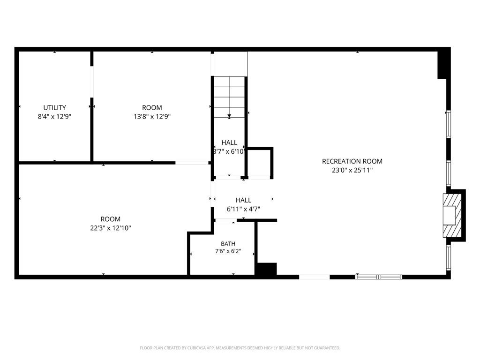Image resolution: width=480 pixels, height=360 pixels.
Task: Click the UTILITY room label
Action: coord(54,107)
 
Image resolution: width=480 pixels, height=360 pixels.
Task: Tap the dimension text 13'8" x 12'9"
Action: coord(152,116)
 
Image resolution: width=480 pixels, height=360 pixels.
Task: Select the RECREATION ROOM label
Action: coord(352,161)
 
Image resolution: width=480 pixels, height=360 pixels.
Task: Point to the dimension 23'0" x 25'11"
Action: coord(352,170)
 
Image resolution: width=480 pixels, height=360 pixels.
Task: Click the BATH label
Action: coord(228,244)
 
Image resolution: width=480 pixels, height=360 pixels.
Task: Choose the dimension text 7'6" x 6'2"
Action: coord(228,251)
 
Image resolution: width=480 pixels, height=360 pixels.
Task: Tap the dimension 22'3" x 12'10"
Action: coord(111,228)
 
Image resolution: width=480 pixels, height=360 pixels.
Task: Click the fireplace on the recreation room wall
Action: coord(452,215)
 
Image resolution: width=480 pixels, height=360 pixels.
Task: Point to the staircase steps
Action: coord(229,97)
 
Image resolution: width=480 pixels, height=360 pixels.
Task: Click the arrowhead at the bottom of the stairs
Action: coord(229,116)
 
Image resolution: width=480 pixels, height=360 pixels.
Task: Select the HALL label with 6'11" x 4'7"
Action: coord(243,200)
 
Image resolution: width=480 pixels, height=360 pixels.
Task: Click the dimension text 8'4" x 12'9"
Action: coord(54,116)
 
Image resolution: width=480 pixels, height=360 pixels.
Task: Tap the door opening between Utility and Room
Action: coord(92,82)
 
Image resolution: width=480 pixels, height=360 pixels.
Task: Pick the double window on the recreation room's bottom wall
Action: coord(379,277)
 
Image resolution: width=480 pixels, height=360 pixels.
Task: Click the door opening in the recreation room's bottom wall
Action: coord(315,277)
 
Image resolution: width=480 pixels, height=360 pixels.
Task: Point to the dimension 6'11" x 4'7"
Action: coord(243,209)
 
